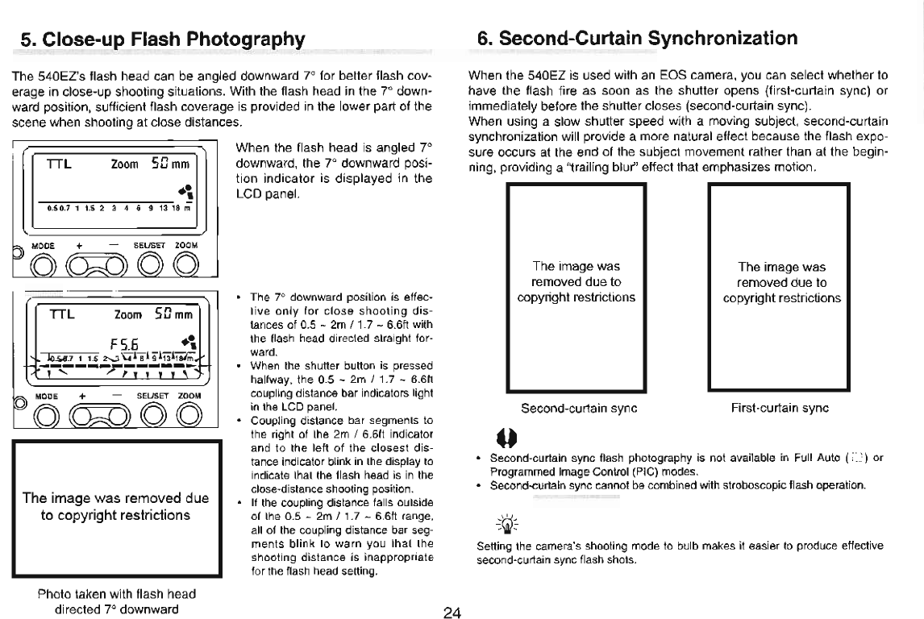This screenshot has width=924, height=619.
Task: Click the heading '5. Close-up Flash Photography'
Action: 164,39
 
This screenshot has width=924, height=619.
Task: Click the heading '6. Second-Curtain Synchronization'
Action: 637,38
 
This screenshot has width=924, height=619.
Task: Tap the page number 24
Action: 452,613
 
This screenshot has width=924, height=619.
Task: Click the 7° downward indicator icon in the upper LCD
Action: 190,192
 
